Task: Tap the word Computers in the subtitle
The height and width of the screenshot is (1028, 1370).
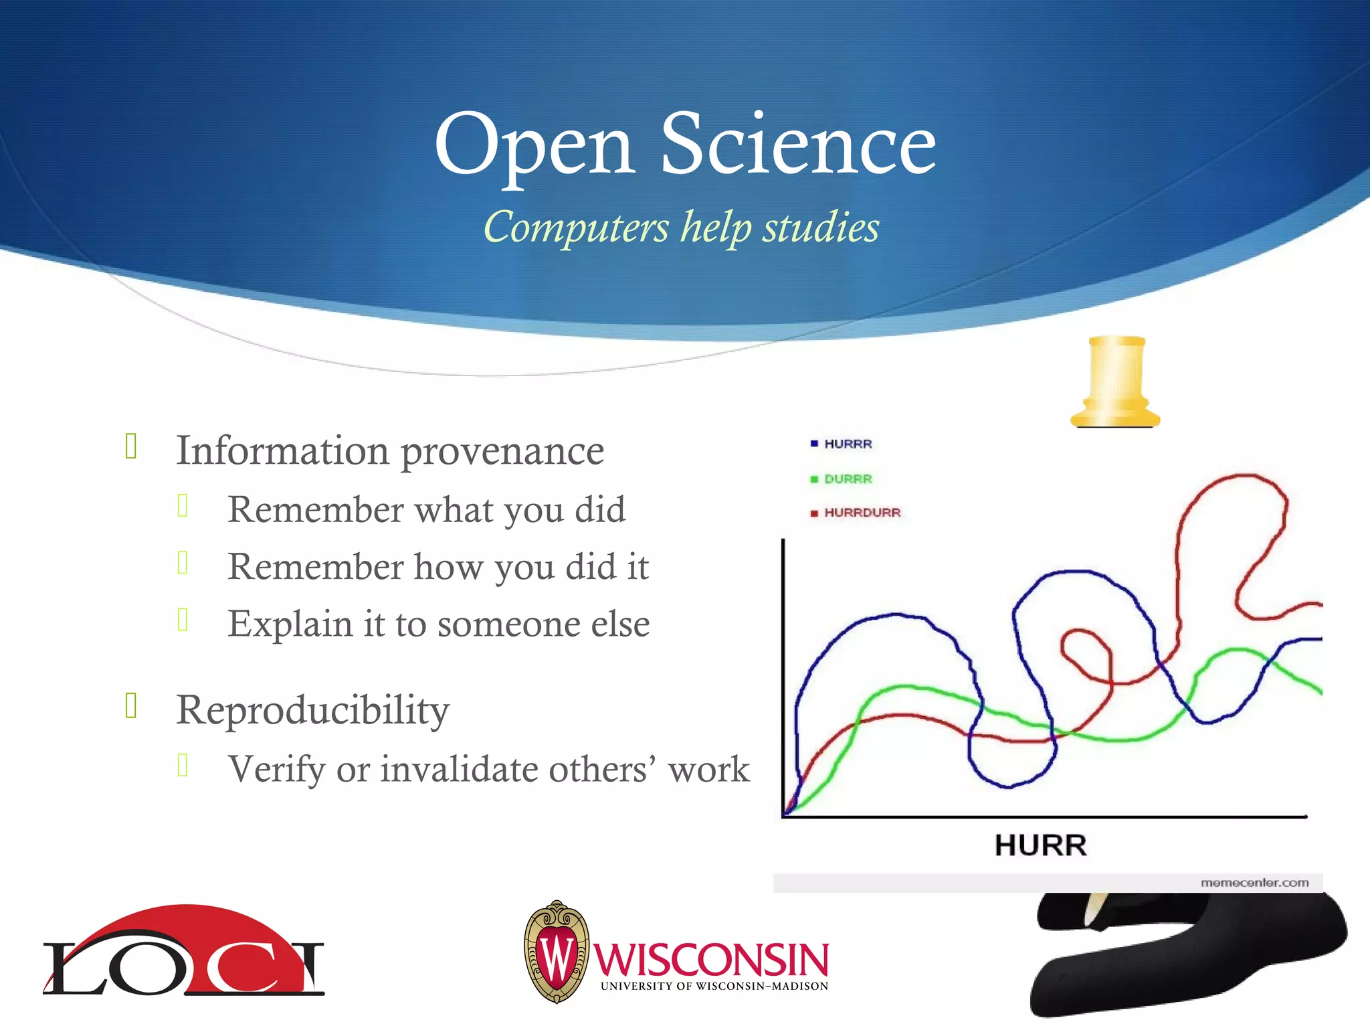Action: tap(576, 228)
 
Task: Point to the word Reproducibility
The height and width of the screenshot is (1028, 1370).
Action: tap(312, 710)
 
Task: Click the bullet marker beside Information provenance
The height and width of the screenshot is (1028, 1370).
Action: tap(131, 446)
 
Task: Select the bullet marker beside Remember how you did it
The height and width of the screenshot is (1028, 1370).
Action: tap(183, 563)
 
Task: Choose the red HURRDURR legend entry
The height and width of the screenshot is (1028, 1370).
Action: tap(856, 513)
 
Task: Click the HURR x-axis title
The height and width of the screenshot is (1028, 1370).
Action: tap(1040, 845)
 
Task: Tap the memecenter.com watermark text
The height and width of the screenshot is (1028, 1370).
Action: tap(1254, 883)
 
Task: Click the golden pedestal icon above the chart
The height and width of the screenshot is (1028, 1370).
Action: tap(1115, 381)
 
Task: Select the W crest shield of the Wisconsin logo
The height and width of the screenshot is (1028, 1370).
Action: tap(557, 952)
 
